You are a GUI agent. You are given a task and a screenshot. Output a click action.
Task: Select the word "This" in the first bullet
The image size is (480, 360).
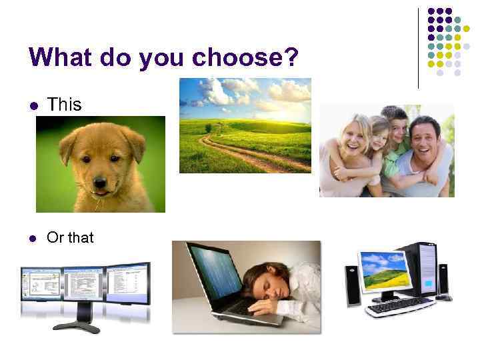[x=64, y=105]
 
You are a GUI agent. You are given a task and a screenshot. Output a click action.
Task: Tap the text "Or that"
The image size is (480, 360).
[x=70, y=237]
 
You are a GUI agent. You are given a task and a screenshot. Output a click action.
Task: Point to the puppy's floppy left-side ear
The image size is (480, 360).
[x=68, y=146]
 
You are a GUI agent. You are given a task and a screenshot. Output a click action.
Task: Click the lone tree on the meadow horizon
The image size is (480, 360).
[x=208, y=127]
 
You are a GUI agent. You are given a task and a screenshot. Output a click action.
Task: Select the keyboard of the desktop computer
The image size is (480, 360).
[x=400, y=306]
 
